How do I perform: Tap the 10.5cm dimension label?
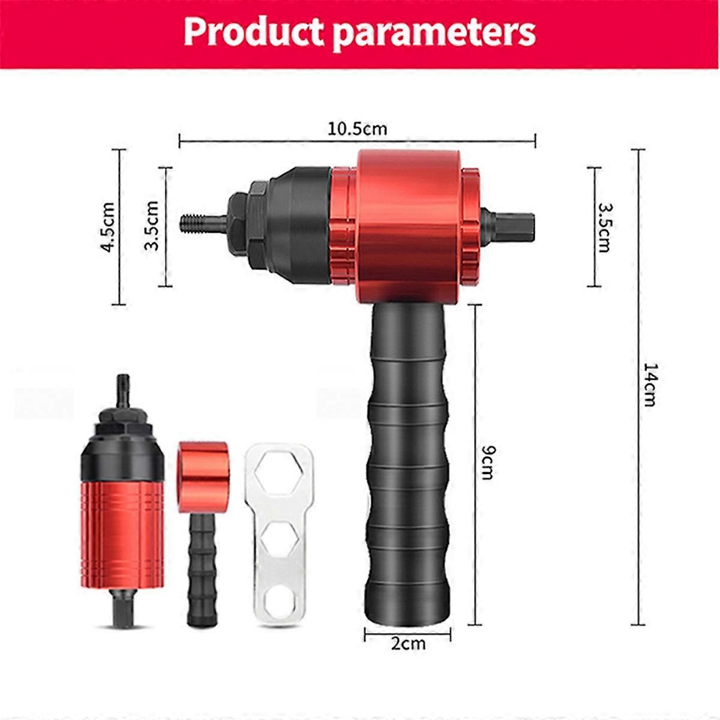[358, 128]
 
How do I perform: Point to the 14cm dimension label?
[650, 384]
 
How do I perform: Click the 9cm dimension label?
[487, 462]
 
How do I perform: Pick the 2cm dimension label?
[408, 644]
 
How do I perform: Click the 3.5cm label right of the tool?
[604, 227]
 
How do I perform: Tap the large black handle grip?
[407, 462]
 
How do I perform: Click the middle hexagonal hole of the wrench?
[280, 536]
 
